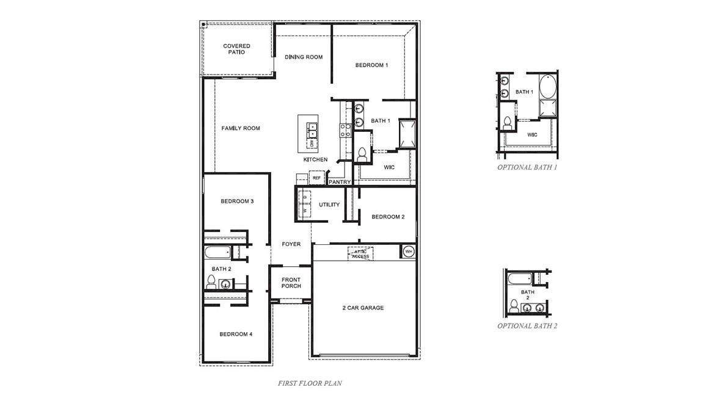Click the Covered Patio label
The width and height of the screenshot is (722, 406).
pyautogui.click(x=236, y=49)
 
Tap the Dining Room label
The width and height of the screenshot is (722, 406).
pyautogui.click(x=304, y=57)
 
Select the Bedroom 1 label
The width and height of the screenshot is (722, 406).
pyautogui.click(x=371, y=65)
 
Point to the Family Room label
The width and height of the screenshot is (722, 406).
pyautogui.click(x=241, y=128)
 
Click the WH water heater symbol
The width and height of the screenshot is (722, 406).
pyautogui.click(x=409, y=251)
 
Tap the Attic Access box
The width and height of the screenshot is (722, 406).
pyautogui.click(x=360, y=253)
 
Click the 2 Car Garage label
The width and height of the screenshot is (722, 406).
pyautogui.click(x=363, y=308)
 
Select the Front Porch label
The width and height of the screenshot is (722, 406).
pyautogui.click(x=291, y=283)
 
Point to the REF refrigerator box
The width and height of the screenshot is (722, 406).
pyautogui.click(x=316, y=178)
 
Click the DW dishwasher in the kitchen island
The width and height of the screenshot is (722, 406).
pyautogui.click(x=312, y=143)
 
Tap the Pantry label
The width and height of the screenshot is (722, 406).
pyautogui.click(x=339, y=182)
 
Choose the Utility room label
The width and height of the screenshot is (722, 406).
pyautogui.click(x=329, y=205)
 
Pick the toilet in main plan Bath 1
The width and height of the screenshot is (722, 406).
pyautogui.click(x=361, y=155)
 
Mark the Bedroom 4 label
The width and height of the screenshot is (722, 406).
pyautogui.click(x=236, y=334)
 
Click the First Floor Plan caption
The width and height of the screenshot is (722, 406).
pyautogui.click(x=310, y=383)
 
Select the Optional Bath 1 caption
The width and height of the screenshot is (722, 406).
pyautogui.click(x=527, y=167)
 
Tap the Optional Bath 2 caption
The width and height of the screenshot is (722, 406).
pyautogui.click(x=527, y=325)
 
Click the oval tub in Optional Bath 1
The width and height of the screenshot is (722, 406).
pyautogui.click(x=548, y=87)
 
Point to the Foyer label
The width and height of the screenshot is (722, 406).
pyautogui.click(x=291, y=244)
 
